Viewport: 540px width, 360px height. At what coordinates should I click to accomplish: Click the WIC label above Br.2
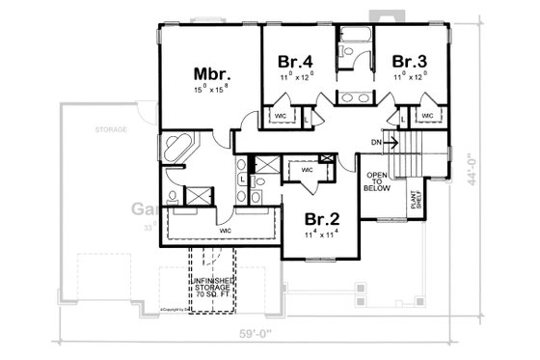(308, 171)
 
